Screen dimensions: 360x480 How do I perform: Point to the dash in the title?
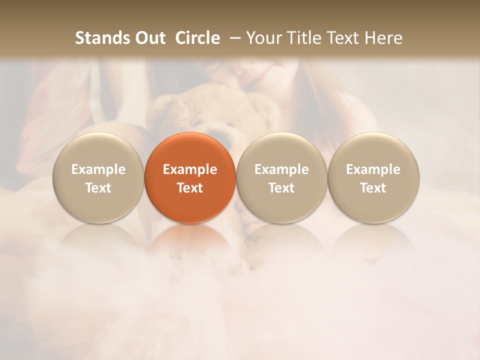coord(233,38)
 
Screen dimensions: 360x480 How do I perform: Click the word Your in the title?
coord(261,38)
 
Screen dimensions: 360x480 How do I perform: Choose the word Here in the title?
coord(383,38)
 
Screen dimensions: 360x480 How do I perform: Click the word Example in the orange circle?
coord(190,169)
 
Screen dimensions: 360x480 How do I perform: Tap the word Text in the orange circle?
coord(190,188)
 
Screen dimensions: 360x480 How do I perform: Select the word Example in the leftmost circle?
coord(98,169)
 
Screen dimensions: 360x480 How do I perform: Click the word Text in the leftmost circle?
coord(98,188)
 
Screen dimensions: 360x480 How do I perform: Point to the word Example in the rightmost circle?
coord(373,169)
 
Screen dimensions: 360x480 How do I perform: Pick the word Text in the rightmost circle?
coord(373,188)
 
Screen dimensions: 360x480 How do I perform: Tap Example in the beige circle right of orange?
coord(281,169)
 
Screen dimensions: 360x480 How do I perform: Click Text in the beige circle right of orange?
coord(281,188)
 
